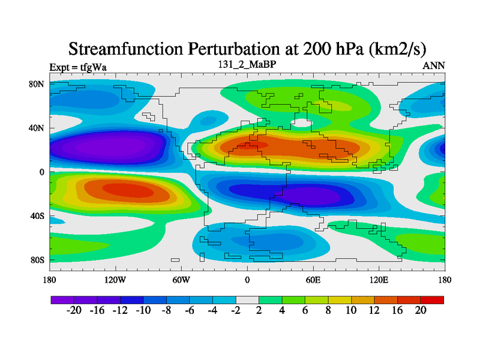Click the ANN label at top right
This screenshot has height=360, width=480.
[x=434, y=66]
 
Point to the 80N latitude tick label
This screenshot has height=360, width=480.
[x=37, y=84]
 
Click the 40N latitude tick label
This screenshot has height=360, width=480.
[x=37, y=128]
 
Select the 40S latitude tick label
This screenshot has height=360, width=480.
[x=37, y=216]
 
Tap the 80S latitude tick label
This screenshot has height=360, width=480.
[x=37, y=260]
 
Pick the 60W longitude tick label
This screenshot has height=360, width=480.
[x=181, y=280]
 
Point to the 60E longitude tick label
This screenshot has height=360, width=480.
[x=313, y=280]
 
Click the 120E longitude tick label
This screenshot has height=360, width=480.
[x=379, y=280]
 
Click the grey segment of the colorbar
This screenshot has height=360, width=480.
[x=247, y=299]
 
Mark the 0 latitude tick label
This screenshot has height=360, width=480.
[x=42, y=172]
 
